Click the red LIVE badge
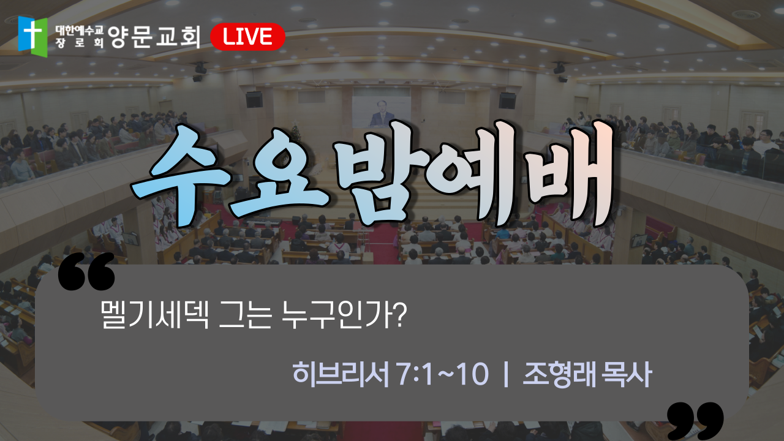tap(248, 36)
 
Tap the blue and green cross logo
tap(33, 36)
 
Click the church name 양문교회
tap(154, 36)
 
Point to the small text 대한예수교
tap(80, 31)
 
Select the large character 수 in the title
tap(182, 175)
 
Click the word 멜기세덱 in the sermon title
tap(155, 315)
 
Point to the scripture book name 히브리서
tap(341, 374)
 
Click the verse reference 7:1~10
tap(443, 374)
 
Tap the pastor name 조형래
tap(559, 374)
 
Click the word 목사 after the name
tap(626, 374)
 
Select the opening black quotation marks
tap(86, 271)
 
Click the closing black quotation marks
tap(695, 421)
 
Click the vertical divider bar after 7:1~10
tap(505, 374)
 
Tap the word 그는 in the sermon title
tap(246, 315)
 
